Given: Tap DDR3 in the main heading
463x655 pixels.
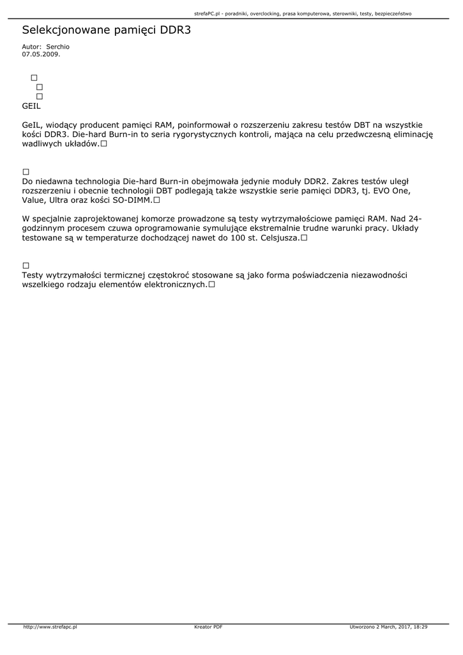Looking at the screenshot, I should (x=174, y=30).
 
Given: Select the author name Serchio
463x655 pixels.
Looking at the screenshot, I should (x=58, y=47).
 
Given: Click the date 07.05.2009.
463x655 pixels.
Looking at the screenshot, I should (x=41, y=54).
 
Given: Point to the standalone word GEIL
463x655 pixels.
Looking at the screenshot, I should (x=31, y=106).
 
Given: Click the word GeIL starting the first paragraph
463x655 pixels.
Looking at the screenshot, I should (x=31, y=125).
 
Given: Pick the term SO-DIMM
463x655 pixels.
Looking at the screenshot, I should (x=132, y=200).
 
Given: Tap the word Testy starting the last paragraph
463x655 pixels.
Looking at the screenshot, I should (x=33, y=275).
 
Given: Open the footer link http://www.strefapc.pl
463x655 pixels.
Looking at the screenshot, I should (x=50, y=627).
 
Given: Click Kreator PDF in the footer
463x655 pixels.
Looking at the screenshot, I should (x=208, y=627).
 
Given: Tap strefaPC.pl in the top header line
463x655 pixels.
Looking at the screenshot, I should (x=207, y=13).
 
